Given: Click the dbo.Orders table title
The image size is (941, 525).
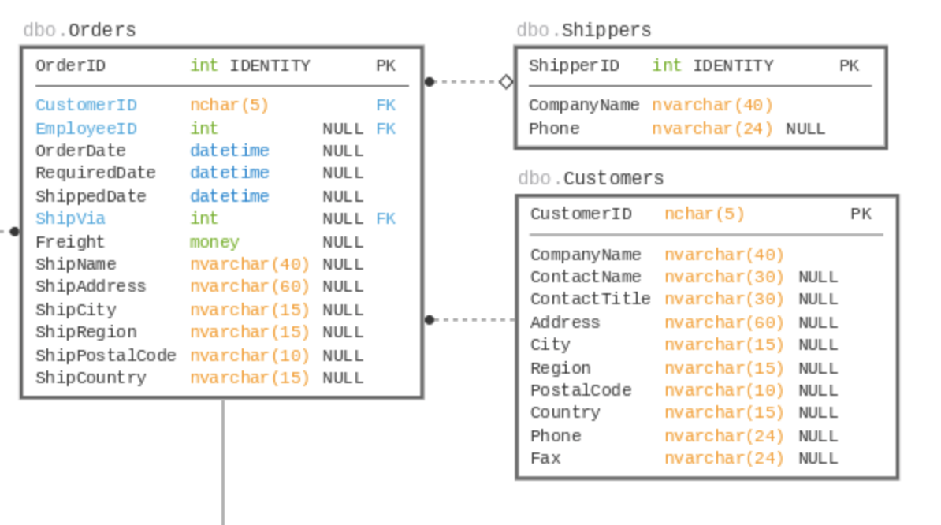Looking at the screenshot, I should pos(80,31).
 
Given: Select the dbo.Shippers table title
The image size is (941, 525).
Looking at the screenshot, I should pos(584,31).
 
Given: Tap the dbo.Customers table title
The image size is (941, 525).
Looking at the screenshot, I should pos(591,179).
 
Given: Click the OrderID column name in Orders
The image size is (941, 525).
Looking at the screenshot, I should pos(70,66).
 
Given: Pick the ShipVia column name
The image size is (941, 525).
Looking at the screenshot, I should pos(70,218).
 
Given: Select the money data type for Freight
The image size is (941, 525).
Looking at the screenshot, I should pos(214,242).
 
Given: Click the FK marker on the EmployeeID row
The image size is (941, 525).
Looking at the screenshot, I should pos(385,128).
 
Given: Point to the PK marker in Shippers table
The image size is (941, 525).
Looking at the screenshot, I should pos(849,66).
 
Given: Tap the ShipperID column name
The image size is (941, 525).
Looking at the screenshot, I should pos(574,66).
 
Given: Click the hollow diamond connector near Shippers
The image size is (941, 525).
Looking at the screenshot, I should pos(506,81).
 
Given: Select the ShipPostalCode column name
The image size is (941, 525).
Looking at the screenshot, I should pos(106,356).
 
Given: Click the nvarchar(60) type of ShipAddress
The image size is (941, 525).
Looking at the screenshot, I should pos(250,286).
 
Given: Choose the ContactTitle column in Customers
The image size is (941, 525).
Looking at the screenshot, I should pos(590,300).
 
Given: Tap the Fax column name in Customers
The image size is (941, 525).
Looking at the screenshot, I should pos(545,458).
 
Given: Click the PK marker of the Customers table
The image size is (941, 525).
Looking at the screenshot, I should pos(861,214).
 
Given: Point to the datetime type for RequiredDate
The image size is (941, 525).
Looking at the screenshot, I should pos(229,173).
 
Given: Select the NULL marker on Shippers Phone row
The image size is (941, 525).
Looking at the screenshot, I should pos(805,129).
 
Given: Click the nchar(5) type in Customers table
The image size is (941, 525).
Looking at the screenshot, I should pos(704,214).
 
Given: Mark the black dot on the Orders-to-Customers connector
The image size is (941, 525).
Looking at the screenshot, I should pos(430,320).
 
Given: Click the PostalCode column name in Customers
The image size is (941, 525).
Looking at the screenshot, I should pos(581,390).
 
